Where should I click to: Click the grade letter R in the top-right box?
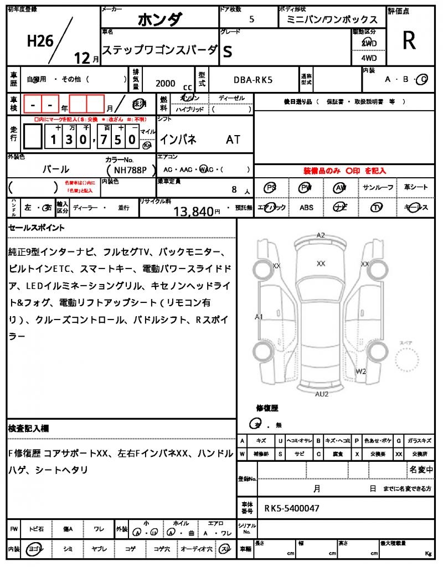coord(409,40)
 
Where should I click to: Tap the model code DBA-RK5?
coord(253,80)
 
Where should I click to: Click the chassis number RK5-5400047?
coord(291,508)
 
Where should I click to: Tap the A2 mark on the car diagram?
coord(321,235)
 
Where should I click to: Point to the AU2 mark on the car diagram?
coord(322,394)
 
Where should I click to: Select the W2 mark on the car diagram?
coord(361,371)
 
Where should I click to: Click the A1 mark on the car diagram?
coord(259,317)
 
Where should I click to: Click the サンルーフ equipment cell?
coord(378,188)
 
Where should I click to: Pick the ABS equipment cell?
coord(306,208)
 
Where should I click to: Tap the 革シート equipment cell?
coord(415,188)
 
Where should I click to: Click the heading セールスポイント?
coord(37,228)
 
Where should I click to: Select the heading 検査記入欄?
coord(29,429)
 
